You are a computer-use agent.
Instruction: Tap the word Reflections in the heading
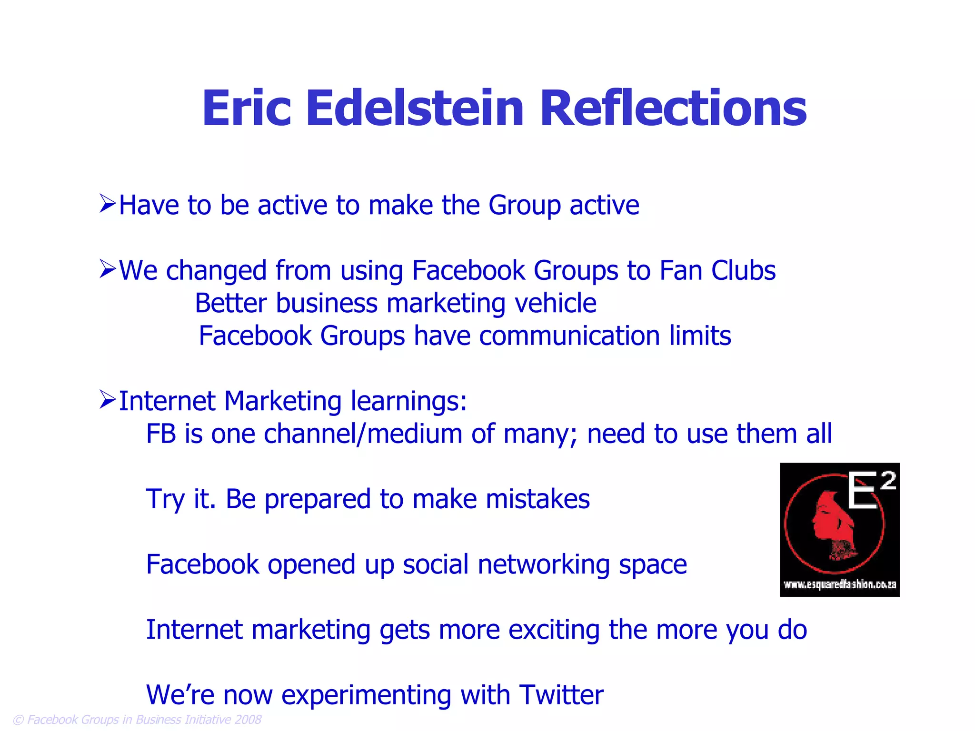(x=673, y=109)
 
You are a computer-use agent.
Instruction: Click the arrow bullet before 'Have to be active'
(x=108, y=204)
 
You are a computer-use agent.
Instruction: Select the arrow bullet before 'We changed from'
(x=108, y=269)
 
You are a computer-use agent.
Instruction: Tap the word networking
(x=544, y=565)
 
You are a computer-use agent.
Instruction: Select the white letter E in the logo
(x=862, y=491)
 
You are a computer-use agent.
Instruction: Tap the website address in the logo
(x=839, y=584)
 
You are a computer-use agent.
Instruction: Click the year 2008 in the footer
(x=248, y=719)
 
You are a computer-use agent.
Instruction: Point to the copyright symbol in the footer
(x=18, y=720)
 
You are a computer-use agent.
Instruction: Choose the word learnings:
(x=408, y=401)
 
